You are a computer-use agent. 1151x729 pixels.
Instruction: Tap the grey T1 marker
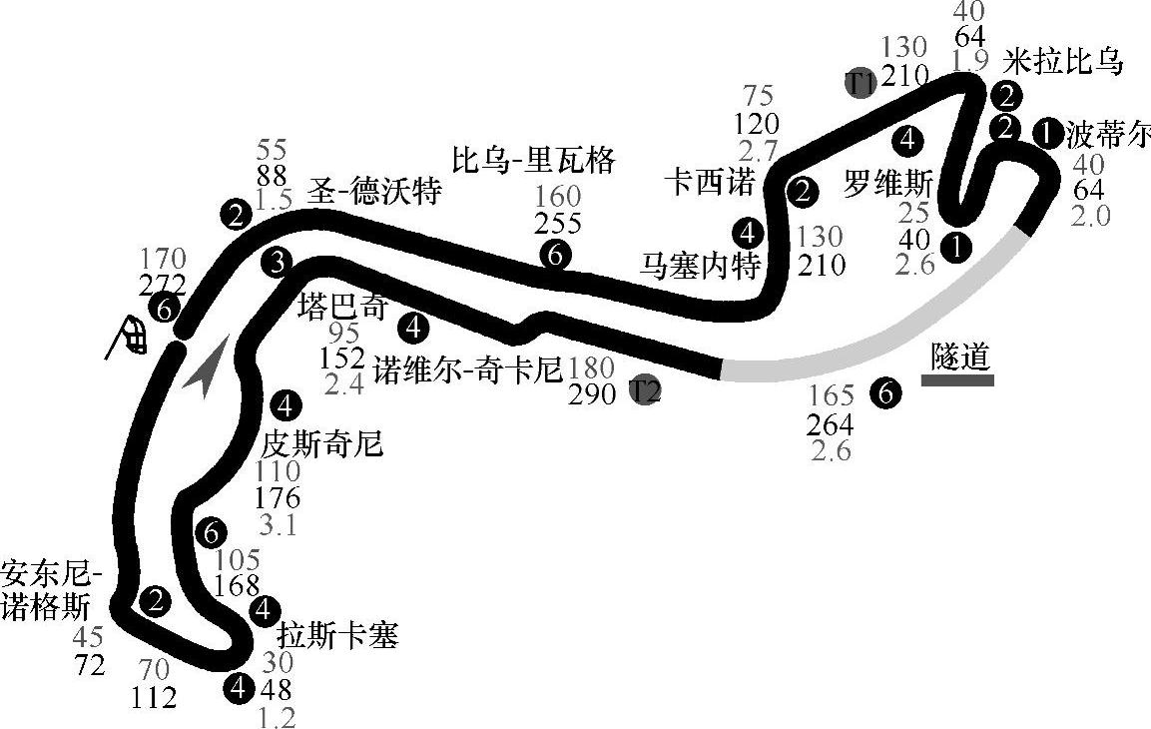(860, 82)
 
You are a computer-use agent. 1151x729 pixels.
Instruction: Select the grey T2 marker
(645, 390)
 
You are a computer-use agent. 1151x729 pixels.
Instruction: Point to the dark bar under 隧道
(957, 380)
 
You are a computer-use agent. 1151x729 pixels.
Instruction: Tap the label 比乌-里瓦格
(533, 160)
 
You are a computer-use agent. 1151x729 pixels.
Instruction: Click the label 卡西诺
(712, 183)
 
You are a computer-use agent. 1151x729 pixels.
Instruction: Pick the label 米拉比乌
(1064, 62)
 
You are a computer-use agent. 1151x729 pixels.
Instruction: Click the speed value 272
(164, 287)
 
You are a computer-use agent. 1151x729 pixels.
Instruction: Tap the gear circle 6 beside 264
(884, 393)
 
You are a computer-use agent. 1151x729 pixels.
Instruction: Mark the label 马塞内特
(701, 266)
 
